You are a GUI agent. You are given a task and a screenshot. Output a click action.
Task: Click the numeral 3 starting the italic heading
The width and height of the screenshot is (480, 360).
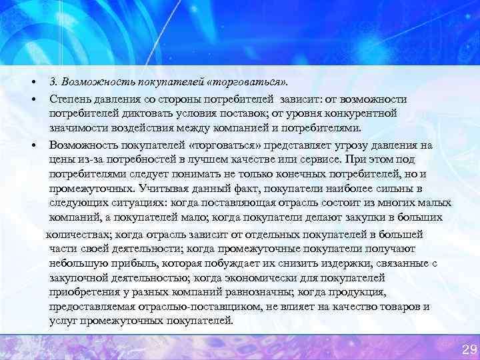(52, 83)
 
